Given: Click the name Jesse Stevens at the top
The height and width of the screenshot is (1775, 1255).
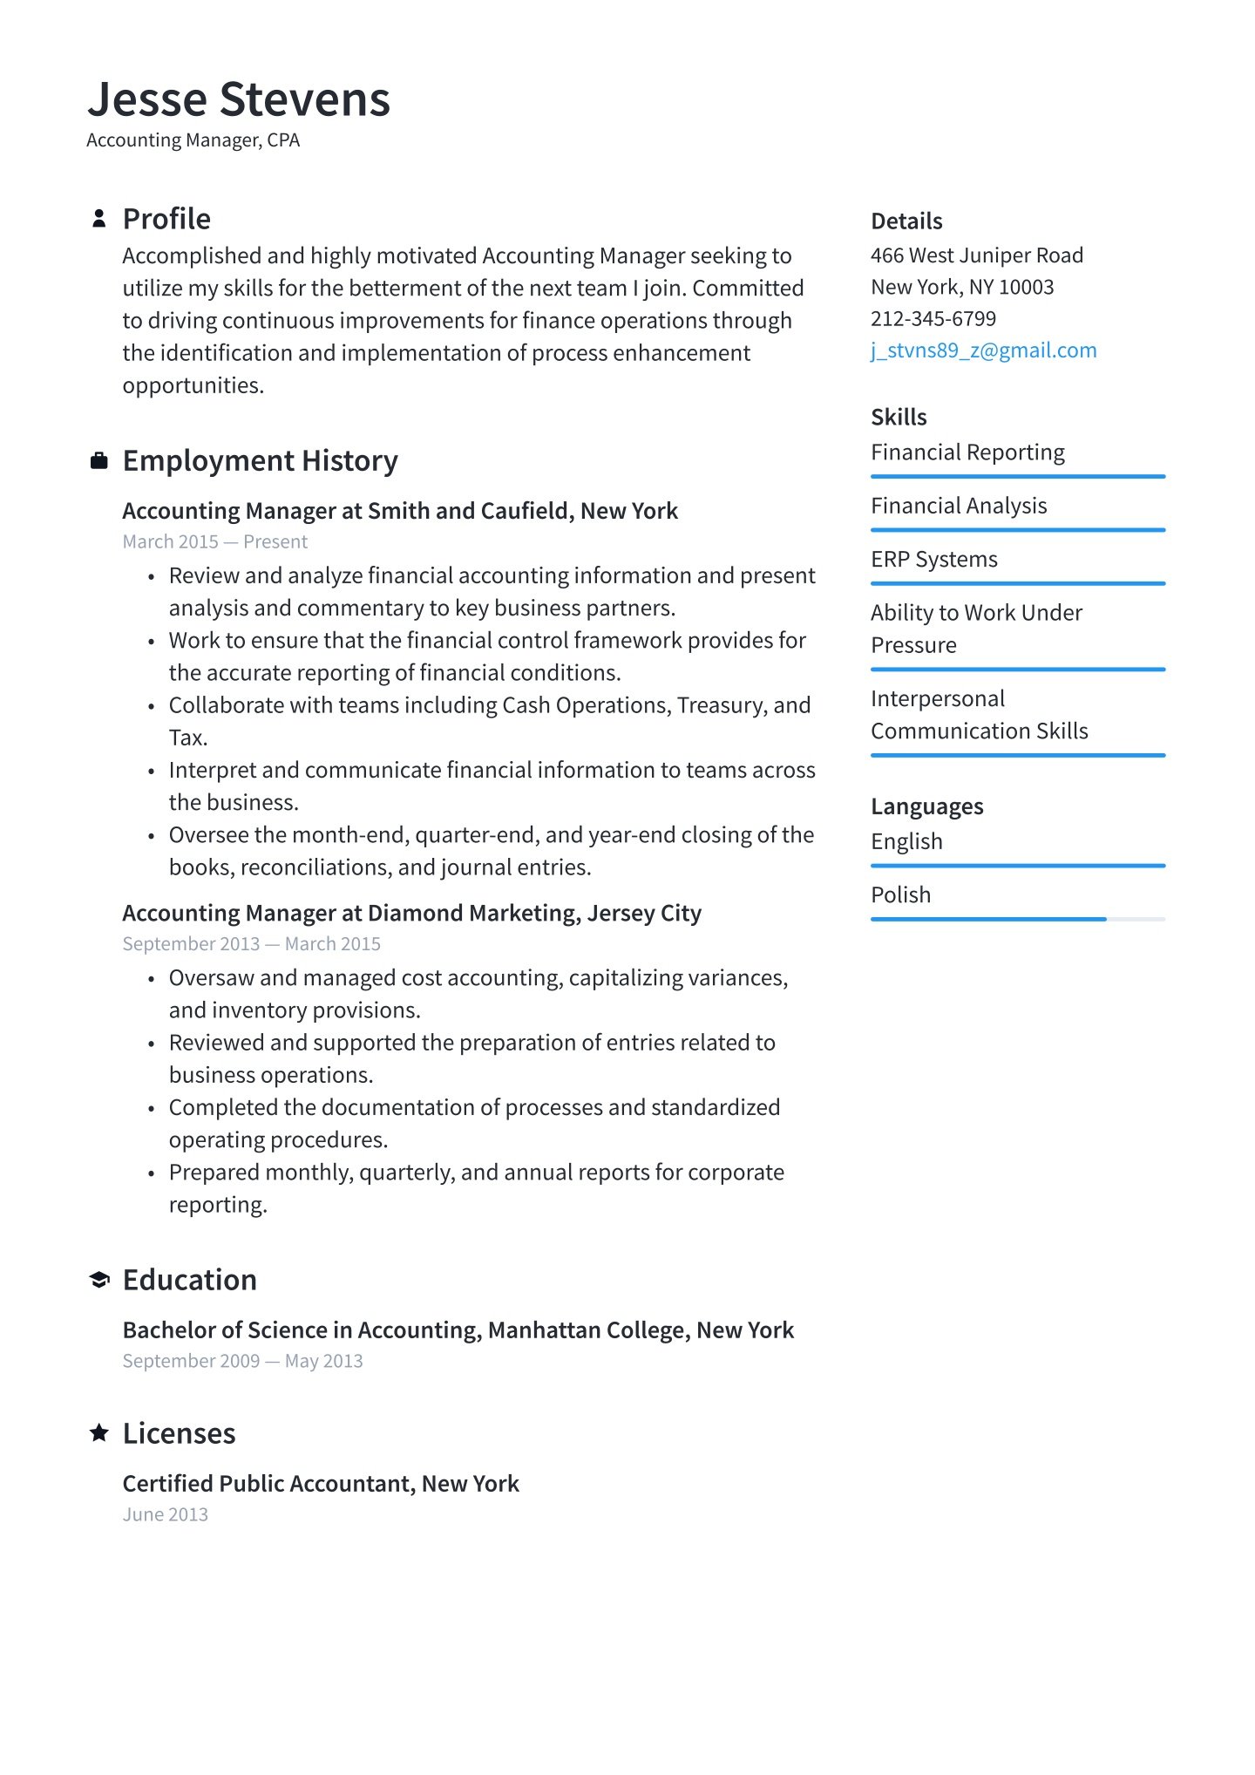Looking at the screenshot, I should click(239, 99).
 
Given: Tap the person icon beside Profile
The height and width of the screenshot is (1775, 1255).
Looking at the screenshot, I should click(99, 219).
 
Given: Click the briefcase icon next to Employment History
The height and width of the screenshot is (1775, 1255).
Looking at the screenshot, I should click(99, 460).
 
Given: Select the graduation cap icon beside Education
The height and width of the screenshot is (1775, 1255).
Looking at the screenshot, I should click(99, 1280).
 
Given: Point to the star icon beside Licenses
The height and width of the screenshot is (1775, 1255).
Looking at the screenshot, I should click(99, 1432).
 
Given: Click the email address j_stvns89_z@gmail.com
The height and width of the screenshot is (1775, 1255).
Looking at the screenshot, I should click(983, 350).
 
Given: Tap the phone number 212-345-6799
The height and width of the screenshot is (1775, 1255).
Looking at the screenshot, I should click(933, 319).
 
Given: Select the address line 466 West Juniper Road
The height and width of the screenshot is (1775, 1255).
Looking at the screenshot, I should click(976, 255).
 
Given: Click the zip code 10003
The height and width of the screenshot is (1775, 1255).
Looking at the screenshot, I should click(1026, 288).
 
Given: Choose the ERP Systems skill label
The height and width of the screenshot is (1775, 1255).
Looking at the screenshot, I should click(933, 560).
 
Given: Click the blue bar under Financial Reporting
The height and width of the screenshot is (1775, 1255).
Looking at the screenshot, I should click(1017, 477).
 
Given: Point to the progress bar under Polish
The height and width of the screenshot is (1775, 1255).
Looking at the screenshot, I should click(1017, 919).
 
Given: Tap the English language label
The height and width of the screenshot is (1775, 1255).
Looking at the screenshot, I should click(906, 842).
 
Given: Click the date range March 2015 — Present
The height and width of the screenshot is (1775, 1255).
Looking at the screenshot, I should click(214, 542).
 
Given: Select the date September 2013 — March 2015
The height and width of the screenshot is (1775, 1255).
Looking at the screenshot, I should click(251, 944).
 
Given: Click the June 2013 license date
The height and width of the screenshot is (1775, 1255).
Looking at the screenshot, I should click(165, 1515).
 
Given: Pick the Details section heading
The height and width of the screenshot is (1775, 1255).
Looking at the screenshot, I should click(906, 221).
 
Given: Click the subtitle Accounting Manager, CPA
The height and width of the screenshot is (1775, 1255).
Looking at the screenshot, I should click(193, 140).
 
